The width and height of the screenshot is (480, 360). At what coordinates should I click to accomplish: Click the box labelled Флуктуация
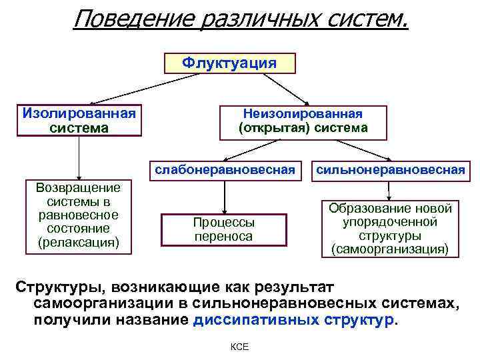point(229,63)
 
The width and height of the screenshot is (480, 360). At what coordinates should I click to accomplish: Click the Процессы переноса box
point(225,229)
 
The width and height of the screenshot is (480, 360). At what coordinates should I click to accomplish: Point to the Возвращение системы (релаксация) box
point(79,215)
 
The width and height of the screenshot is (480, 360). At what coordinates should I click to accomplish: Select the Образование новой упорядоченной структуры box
point(391,229)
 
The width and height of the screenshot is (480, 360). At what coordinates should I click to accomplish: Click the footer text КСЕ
point(239,347)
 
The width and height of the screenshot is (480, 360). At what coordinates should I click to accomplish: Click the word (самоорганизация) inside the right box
point(391,249)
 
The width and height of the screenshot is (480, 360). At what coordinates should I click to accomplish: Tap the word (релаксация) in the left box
point(79,241)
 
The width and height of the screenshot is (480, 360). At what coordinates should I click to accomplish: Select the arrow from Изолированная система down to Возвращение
point(79,157)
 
